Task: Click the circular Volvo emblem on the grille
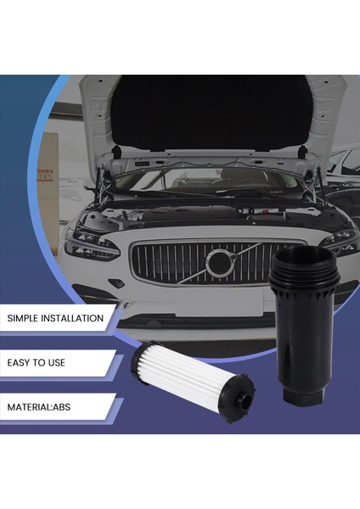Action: (x=219, y=264)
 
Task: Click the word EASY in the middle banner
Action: (x=22, y=363)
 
